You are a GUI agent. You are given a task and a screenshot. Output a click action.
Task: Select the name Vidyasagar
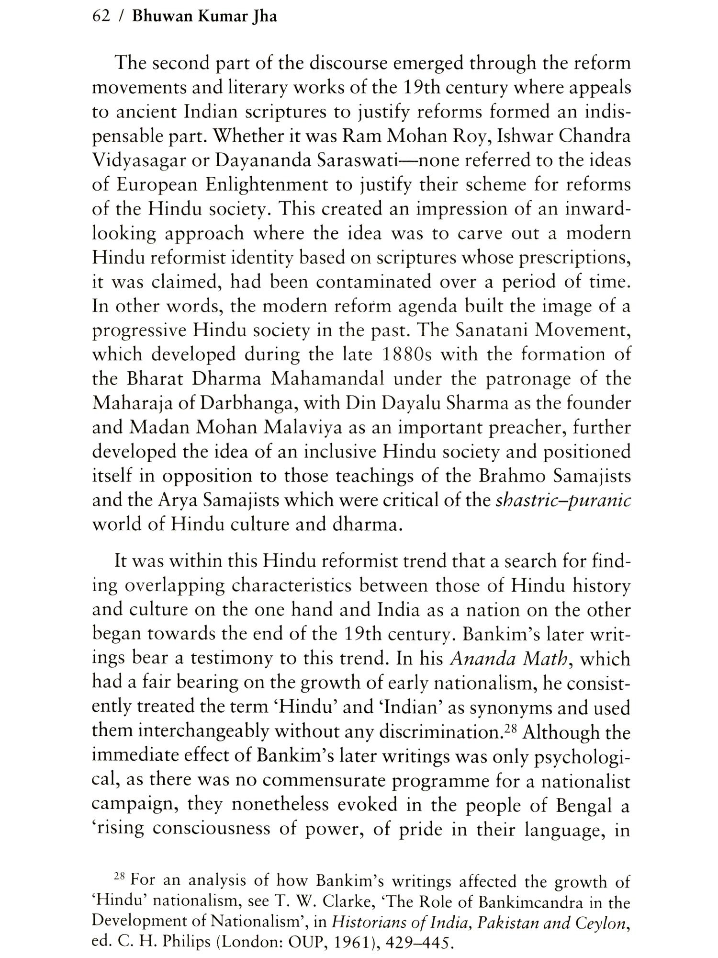point(137,161)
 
